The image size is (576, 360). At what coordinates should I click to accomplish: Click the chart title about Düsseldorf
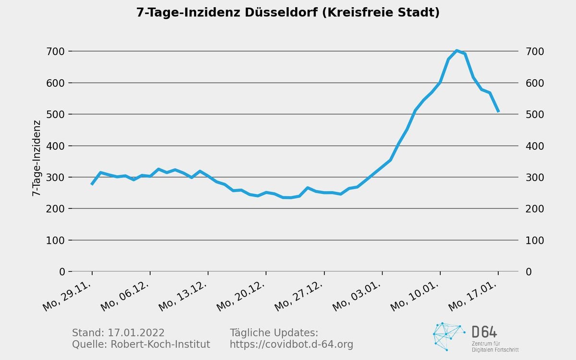(x=288, y=12)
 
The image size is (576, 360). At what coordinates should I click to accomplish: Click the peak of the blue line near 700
(x=456, y=50)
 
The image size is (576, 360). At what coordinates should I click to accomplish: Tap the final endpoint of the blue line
(x=498, y=112)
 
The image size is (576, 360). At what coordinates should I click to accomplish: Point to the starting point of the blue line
(x=92, y=184)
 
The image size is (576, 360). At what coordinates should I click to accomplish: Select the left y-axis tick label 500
(x=56, y=114)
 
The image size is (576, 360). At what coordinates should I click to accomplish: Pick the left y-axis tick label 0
(x=62, y=272)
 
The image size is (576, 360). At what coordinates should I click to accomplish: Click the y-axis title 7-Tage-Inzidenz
(x=36, y=158)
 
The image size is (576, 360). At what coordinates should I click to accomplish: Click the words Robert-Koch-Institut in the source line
(x=160, y=345)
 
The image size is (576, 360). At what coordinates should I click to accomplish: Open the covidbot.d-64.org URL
(x=291, y=345)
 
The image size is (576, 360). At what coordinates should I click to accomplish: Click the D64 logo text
(x=484, y=332)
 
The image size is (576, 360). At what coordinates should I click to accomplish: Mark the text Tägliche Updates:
(x=274, y=333)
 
